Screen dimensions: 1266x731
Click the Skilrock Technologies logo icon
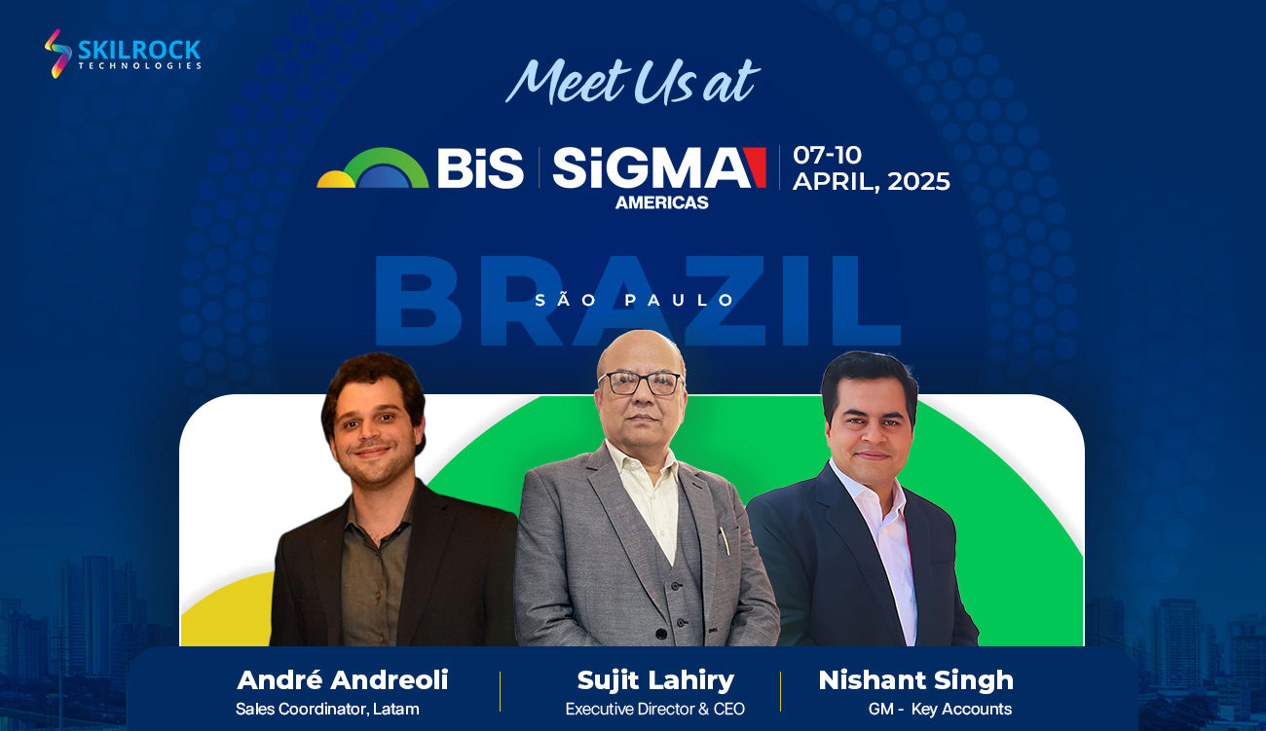click(57, 54)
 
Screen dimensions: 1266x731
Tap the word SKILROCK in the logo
click(139, 50)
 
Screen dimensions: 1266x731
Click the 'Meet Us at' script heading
click(632, 82)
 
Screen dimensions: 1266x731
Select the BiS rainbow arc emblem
click(373, 167)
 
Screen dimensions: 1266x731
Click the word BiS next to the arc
click(480, 167)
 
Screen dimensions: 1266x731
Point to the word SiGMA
click(652, 167)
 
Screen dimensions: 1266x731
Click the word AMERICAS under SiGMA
click(662, 202)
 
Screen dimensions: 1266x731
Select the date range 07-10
click(827, 155)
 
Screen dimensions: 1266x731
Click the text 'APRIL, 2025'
click(871, 182)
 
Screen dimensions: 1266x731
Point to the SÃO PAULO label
click(634, 300)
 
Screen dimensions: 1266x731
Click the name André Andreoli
click(343, 679)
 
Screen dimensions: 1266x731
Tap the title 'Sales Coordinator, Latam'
click(327, 709)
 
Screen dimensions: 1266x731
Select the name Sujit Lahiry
click(655, 680)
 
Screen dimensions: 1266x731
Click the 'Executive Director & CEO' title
click(655, 709)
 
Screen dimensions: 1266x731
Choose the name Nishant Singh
click(915, 680)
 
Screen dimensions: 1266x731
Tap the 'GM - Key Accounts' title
click(940, 709)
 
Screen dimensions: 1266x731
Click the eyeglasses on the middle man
click(642, 383)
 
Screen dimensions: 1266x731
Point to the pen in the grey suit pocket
click(724, 540)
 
